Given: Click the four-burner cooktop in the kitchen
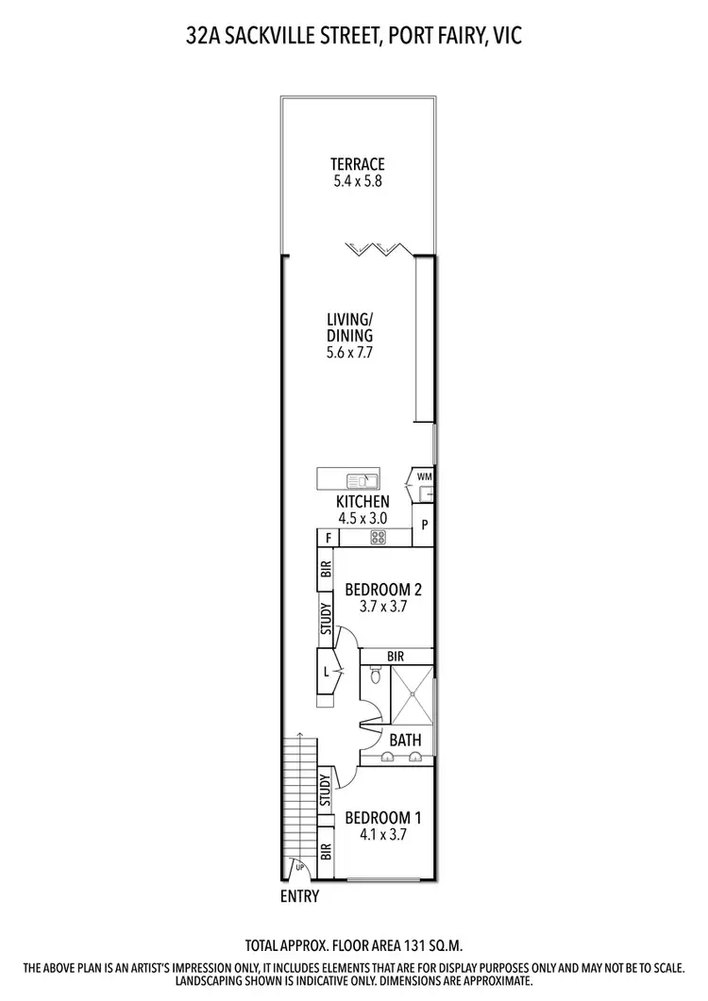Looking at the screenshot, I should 377,538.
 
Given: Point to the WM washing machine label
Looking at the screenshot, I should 425,476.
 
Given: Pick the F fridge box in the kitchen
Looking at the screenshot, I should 328,538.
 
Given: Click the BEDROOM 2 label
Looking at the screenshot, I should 382,590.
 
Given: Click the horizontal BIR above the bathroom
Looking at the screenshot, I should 395,655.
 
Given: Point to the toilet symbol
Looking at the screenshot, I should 376,676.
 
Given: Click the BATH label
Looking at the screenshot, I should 405,740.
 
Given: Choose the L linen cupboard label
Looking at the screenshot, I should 327,672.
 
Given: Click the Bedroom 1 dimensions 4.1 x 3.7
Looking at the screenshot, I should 382,834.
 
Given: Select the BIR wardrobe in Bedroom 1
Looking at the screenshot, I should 325,853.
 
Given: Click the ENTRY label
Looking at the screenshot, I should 299,896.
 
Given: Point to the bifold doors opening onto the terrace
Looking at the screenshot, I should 376,249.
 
